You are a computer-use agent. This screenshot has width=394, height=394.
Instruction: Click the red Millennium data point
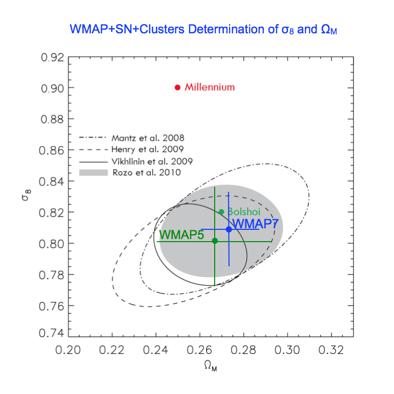tap(178, 87)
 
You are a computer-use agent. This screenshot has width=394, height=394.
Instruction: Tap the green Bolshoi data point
tap(221, 212)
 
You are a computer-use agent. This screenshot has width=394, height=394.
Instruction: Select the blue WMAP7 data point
tap(229, 229)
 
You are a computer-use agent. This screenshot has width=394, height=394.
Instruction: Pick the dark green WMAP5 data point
tap(215, 241)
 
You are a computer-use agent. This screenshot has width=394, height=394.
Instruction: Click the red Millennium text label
tap(210, 87)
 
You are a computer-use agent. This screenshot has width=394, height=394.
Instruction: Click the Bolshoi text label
tap(244, 211)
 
